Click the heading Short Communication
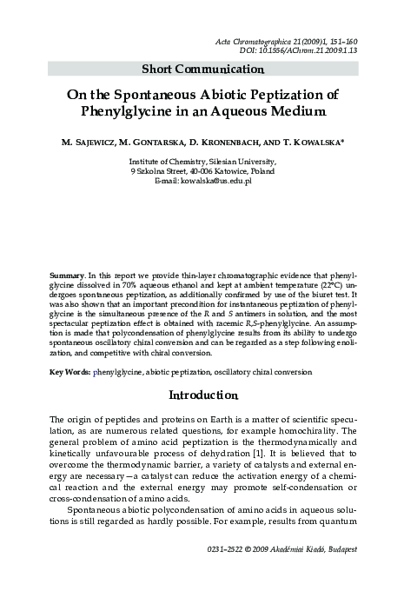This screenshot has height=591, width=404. (x=202, y=69)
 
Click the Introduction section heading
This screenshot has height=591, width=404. (x=202, y=396)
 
